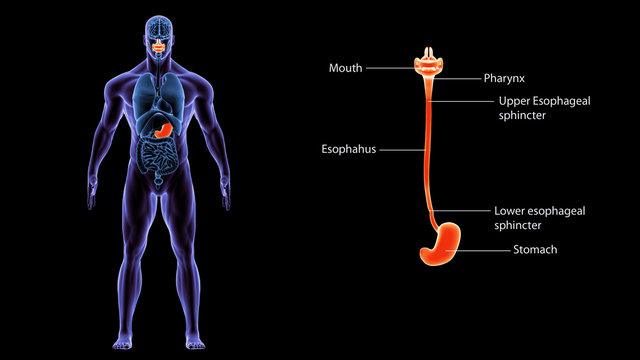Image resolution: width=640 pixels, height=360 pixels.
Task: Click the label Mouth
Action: coord(346,69)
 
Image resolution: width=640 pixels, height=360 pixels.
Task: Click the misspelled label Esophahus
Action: coord(349,150)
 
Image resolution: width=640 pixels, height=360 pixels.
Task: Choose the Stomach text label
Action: coord(534,249)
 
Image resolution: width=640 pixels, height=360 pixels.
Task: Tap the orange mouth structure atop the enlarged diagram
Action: coord(432,63)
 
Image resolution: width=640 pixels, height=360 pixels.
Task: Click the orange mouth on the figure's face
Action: coord(160,42)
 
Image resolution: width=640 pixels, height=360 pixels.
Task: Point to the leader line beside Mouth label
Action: coord(391,69)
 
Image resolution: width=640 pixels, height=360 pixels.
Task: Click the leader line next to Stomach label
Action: coord(485,249)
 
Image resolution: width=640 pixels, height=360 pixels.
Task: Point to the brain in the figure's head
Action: coord(160,24)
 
